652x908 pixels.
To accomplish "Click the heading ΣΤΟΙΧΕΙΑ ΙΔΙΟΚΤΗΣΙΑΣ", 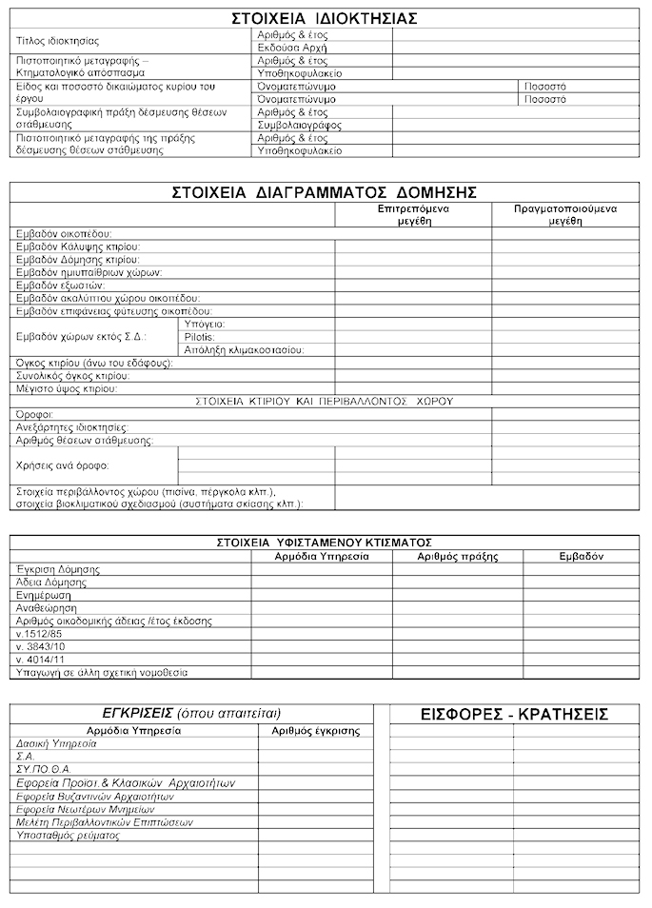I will pyautogui.click(x=325, y=19).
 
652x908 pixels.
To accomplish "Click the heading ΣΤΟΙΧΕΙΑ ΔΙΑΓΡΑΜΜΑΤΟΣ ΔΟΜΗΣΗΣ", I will pyautogui.click(x=325, y=190).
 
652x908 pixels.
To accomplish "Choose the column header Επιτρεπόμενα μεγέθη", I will pyautogui.click(x=413, y=213).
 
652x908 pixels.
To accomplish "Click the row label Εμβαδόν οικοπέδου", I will pyautogui.click(x=65, y=233).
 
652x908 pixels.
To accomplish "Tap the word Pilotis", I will pyautogui.click(x=200, y=337).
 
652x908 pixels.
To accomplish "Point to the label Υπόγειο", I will pyautogui.click(x=204, y=324).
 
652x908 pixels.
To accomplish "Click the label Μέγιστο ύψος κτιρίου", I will pyautogui.click(x=67, y=388).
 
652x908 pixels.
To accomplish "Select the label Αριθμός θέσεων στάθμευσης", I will pyautogui.click(x=85, y=441).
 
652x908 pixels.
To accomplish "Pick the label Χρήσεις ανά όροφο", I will pyautogui.click(x=62, y=466).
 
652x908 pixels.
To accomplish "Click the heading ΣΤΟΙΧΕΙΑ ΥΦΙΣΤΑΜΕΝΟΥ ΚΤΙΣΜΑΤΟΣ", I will pyautogui.click(x=325, y=542).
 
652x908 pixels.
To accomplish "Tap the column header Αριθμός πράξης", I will pyautogui.click(x=458, y=555).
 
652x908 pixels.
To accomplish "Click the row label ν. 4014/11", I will pyautogui.click(x=41, y=659).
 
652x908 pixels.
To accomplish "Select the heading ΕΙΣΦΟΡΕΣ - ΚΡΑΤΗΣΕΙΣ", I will pyautogui.click(x=514, y=714).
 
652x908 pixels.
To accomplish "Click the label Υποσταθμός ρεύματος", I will pyautogui.click(x=68, y=835).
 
